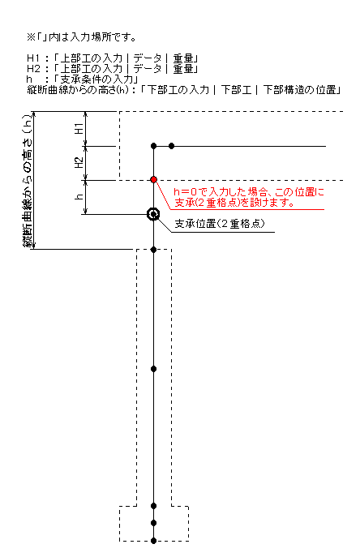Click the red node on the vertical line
pos(153,180)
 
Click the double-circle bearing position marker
pos(153,214)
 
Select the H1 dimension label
pos(79,128)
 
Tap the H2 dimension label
pos(79,163)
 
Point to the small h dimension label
pos(79,196)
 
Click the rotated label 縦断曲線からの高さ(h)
pos(28,181)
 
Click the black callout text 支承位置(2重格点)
pos(220,224)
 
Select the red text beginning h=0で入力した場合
pos(249,198)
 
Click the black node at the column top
pos(153,250)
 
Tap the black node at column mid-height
pos(153,369)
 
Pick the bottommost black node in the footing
pos(153,541)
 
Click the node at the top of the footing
pos(153,505)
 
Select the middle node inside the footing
pos(153,523)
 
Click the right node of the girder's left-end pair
pos(171,146)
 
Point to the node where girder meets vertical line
pos(153,146)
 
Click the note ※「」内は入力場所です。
pos(81,37)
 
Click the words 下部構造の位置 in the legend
pos(299,89)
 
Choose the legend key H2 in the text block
pos(34,69)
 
